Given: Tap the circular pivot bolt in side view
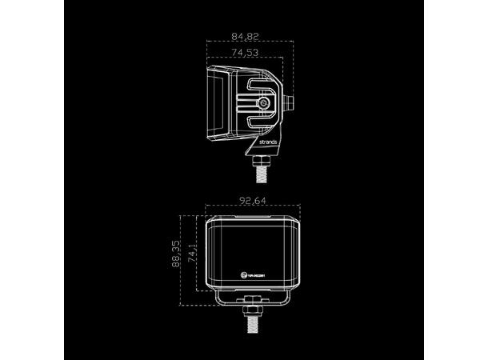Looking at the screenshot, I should tap(264, 103).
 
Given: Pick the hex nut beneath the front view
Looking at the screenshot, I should tap(252, 304).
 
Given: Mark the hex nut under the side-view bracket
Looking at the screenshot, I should tap(260, 158).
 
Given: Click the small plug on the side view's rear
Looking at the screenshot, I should tap(290, 102).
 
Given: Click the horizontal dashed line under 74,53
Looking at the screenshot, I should tap(244, 61).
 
